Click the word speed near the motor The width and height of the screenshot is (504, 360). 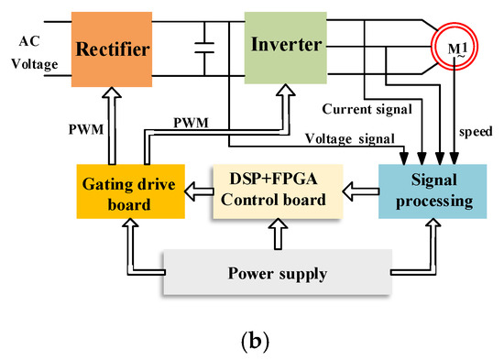point(476,132)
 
